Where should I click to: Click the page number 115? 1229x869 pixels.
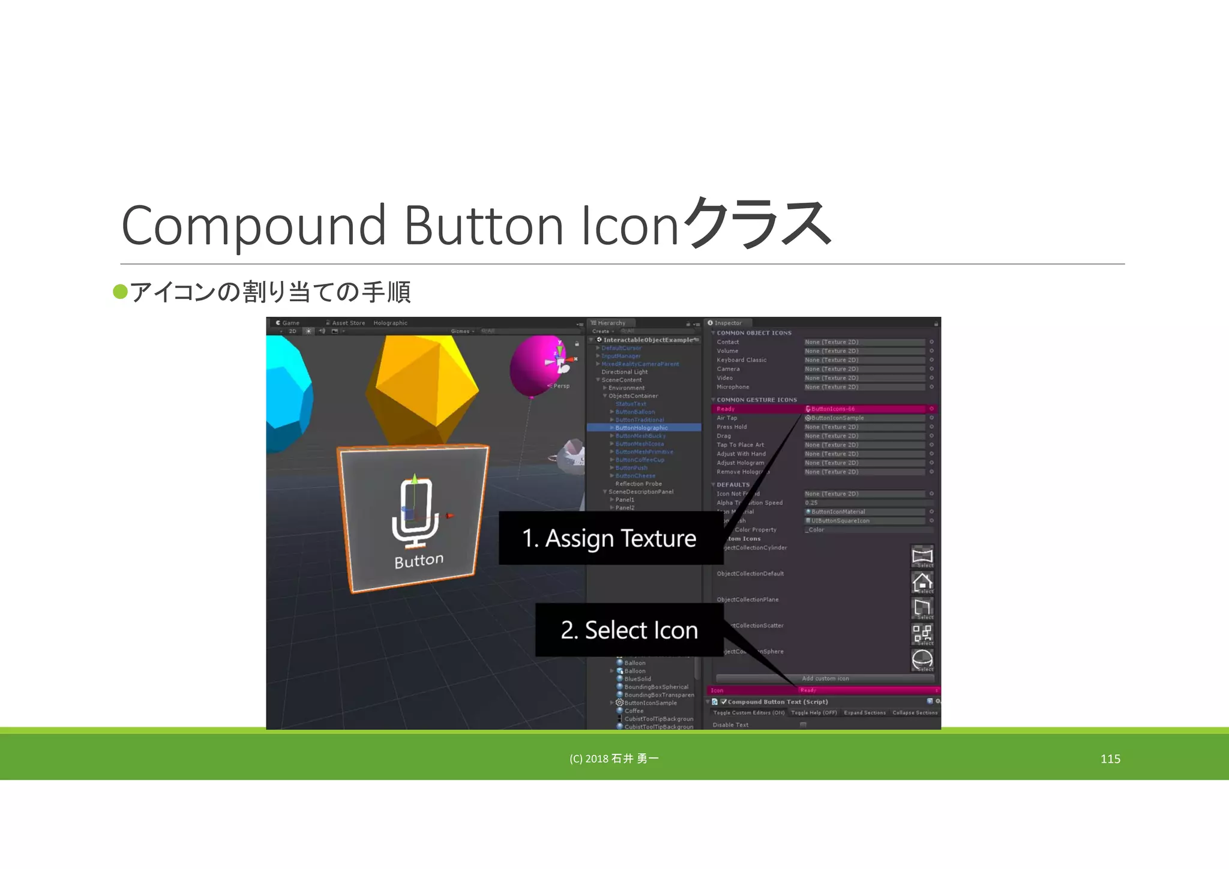[1110, 759]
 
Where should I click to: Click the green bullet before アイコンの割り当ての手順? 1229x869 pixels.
[120, 292]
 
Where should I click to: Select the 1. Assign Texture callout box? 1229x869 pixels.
[610, 538]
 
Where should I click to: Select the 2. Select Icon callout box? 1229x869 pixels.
[629, 630]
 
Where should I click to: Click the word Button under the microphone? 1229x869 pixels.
[419, 561]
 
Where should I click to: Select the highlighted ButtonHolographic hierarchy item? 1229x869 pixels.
[642, 428]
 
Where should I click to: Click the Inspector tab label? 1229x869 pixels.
[727, 323]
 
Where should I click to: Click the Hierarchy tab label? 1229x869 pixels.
[611, 323]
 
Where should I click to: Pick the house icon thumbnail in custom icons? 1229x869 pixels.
[922, 582]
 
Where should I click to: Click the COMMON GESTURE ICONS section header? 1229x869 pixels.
[756, 400]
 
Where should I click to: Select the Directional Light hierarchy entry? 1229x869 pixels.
[624, 372]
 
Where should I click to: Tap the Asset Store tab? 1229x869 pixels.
[348, 323]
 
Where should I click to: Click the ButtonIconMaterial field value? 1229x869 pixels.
[838, 512]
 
